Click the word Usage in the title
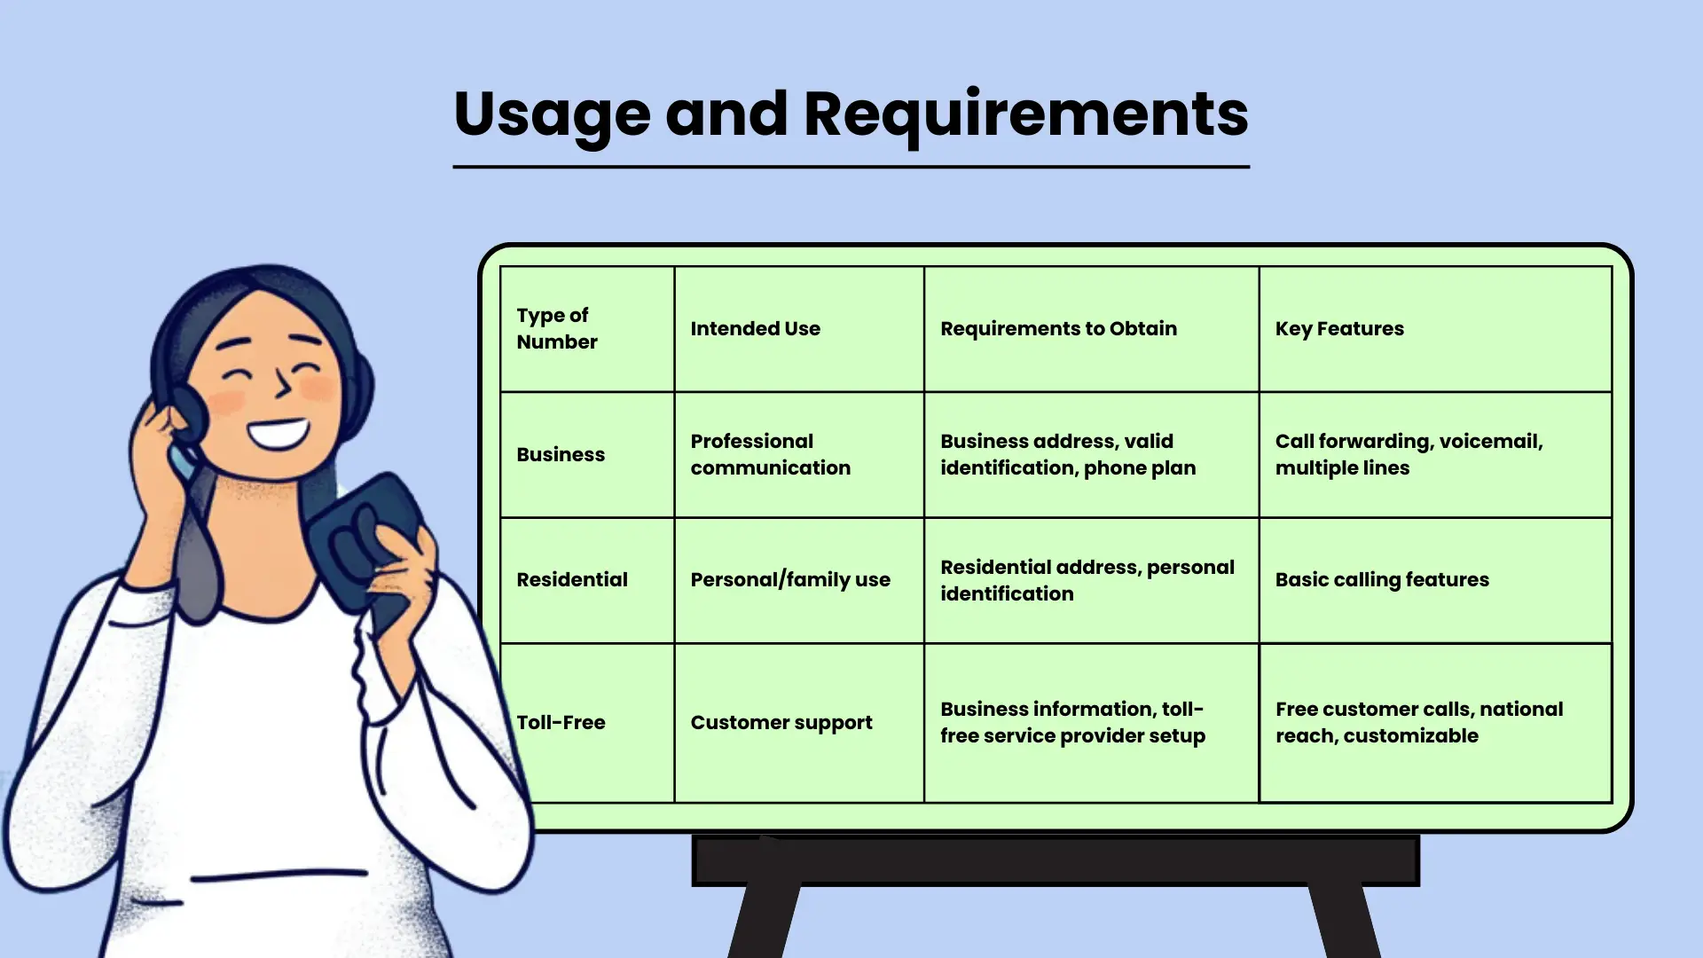coord(552,115)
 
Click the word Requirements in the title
coord(1025,115)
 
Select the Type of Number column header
coord(557,328)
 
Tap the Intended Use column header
coord(756,328)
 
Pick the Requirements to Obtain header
coord(1058,328)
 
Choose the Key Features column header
coord(1339,328)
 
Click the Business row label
coord(561,454)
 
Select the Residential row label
coord(572,579)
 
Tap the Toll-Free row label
coord(561,722)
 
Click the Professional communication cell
coord(770,454)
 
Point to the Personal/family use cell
coord(790,579)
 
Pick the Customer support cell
coord(781,723)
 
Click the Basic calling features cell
coord(1382,579)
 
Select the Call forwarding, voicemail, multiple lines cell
coord(1409,454)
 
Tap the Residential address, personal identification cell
coord(1087,580)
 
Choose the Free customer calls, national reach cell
coord(1419,722)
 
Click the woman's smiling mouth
coord(279,433)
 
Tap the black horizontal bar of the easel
coord(1056,860)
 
